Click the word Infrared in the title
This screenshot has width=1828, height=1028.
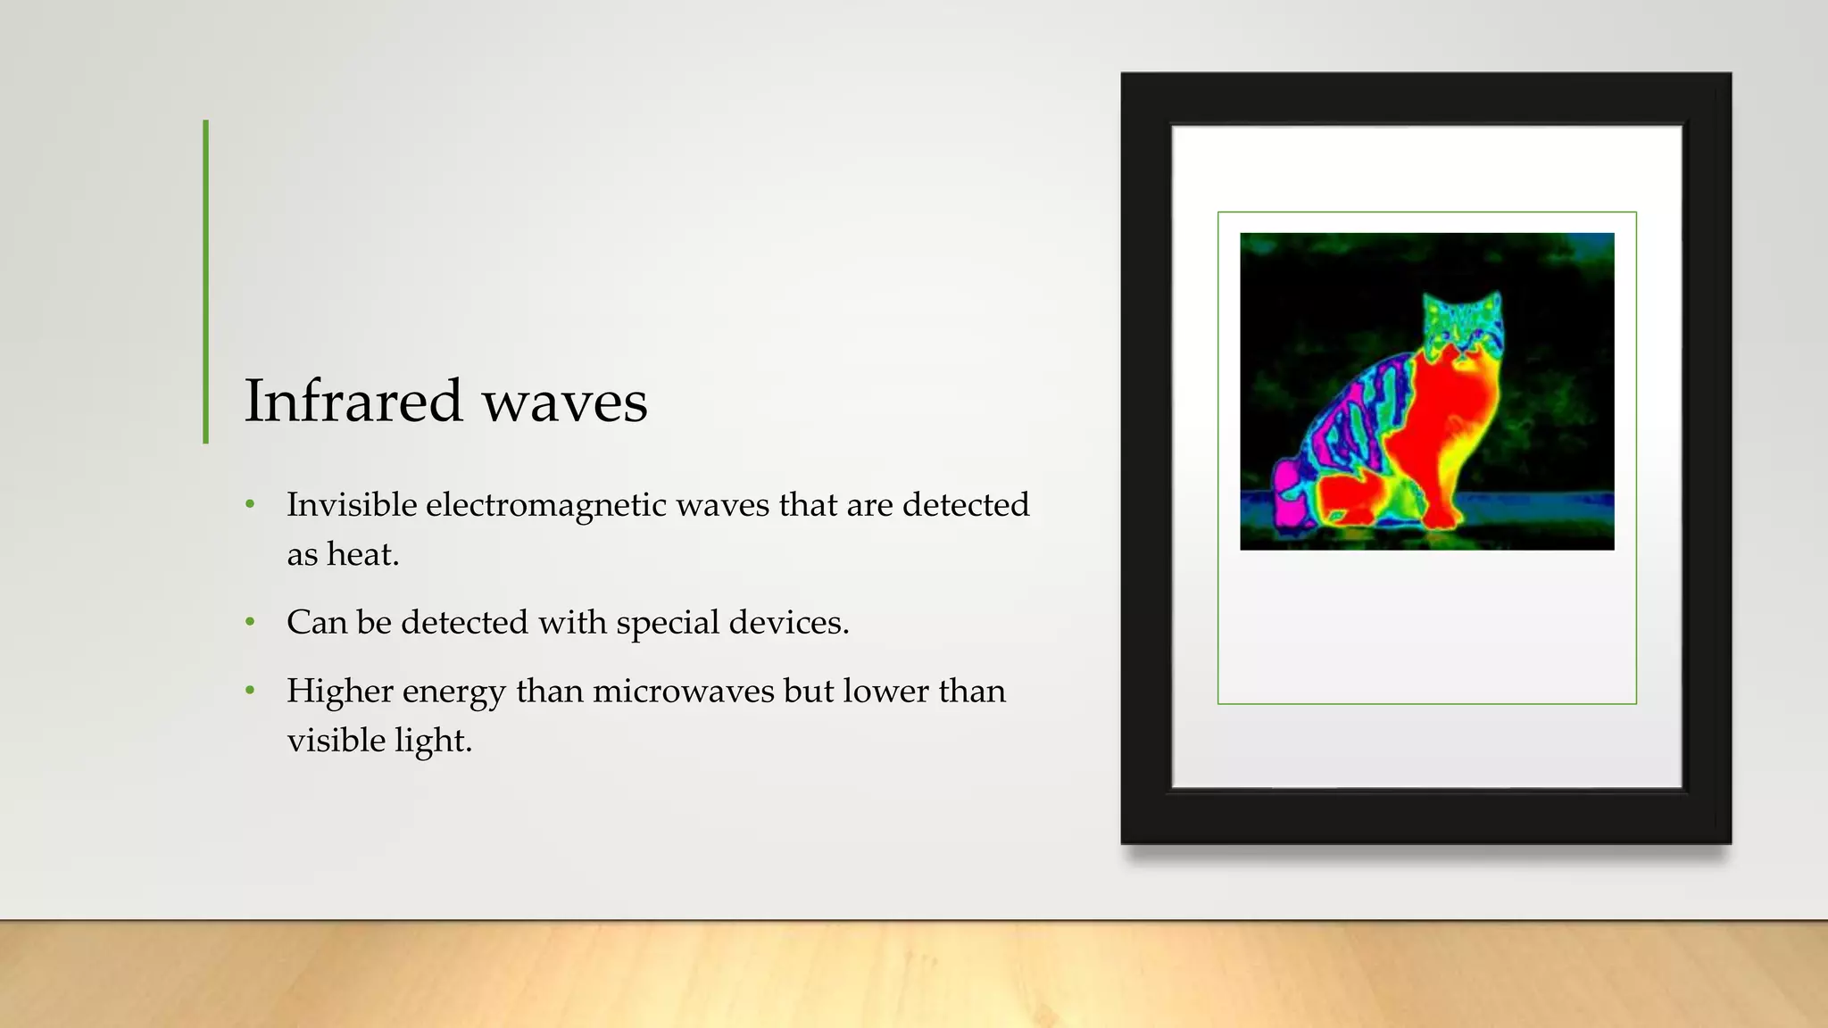click(353, 401)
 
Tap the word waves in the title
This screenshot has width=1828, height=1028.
click(565, 402)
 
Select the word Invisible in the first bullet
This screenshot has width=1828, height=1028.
click(352, 505)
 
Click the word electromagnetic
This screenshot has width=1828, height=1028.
click(546, 506)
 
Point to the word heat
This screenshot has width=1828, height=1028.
click(362, 555)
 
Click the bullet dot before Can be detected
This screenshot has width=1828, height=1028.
click(251, 622)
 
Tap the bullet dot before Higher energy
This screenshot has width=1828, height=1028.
click(251, 691)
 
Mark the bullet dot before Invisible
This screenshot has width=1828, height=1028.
click(251, 505)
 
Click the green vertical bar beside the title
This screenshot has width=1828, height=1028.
click(206, 281)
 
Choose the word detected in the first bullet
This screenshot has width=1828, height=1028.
click(966, 505)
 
